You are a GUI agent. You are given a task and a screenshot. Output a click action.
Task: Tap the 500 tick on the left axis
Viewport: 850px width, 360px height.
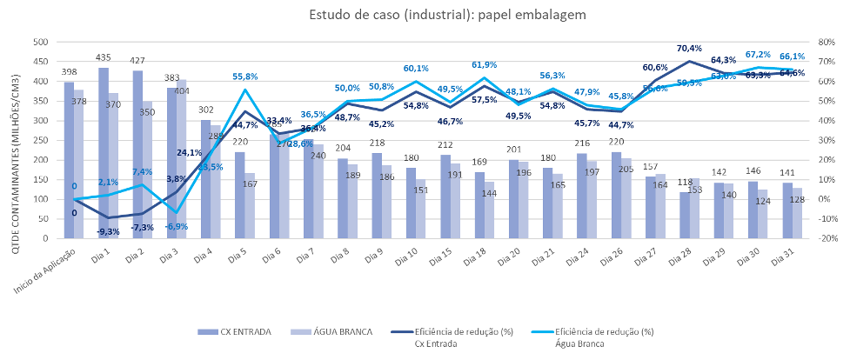pyautogui.click(x=38, y=42)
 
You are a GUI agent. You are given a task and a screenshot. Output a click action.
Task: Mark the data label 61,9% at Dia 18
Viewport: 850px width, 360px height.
pyautogui.click(x=484, y=65)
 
